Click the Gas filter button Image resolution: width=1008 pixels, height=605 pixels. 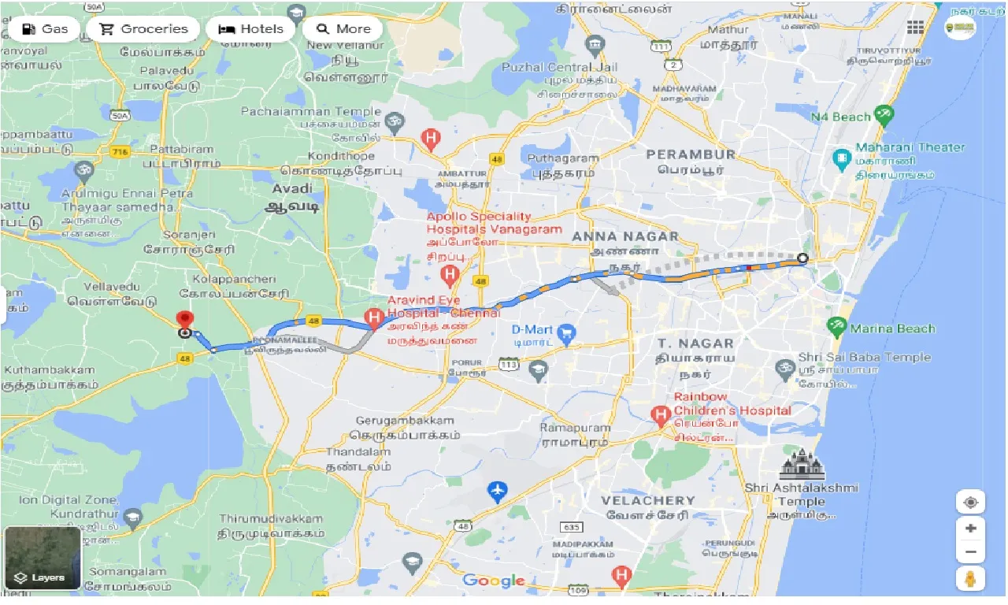coord(45,29)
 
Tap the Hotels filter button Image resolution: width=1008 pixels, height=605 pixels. coord(250,29)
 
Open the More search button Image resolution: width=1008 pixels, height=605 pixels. coord(343,29)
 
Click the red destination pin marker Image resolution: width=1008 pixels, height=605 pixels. coord(185,320)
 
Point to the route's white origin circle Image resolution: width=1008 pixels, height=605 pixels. coord(802,258)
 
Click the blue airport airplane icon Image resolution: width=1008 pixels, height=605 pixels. coord(497,492)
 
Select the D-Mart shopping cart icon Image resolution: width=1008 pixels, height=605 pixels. coord(565,335)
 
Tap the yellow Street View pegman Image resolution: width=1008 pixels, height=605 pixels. coord(970,579)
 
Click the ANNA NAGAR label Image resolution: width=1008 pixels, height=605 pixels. coord(624,236)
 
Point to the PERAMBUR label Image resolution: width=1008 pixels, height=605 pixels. coord(691,154)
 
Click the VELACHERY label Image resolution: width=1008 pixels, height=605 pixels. coord(647,500)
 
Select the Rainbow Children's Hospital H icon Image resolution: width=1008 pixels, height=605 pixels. coord(661,413)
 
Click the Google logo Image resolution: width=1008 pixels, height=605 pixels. coord(494,581)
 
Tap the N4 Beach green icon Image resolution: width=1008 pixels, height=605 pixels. coord(884,117)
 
